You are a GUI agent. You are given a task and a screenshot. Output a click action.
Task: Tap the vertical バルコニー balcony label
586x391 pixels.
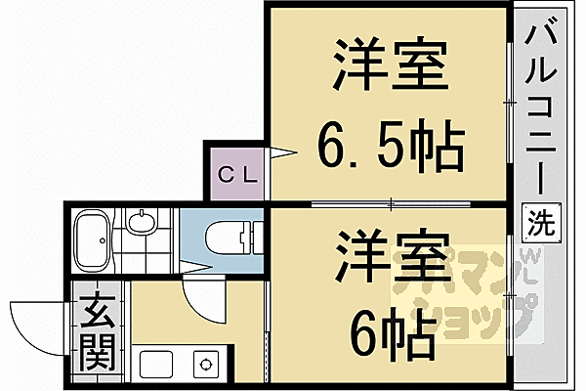tap(543, 108)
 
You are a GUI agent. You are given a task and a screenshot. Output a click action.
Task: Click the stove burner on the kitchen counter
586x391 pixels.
tap(207, 363)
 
